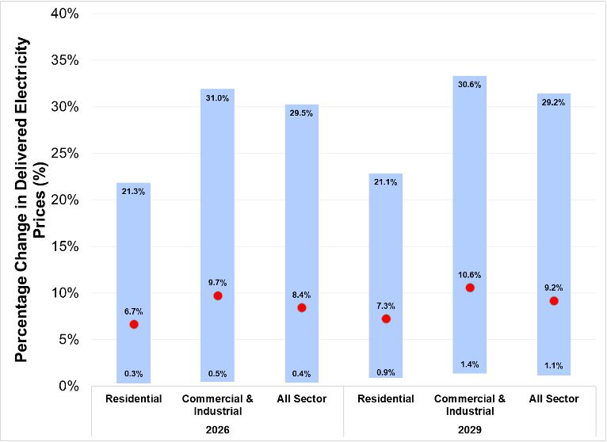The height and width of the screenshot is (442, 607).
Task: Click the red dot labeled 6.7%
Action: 134,324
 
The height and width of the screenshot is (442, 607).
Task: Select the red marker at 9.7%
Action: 218,295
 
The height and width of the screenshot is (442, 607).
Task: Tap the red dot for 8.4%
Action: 302,307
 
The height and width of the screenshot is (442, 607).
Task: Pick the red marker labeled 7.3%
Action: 386,318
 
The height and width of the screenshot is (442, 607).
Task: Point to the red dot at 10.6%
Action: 470,288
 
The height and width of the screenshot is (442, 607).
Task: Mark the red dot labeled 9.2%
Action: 554,300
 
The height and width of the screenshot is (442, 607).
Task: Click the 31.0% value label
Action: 218,98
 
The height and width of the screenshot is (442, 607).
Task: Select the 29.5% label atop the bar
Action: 302,113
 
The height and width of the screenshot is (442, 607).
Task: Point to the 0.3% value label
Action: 134,374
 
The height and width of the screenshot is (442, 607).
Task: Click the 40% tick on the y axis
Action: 64,13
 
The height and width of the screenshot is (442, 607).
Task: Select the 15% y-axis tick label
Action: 64,246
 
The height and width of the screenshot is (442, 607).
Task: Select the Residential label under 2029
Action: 386,398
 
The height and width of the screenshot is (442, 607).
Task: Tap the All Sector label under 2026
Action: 302,398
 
